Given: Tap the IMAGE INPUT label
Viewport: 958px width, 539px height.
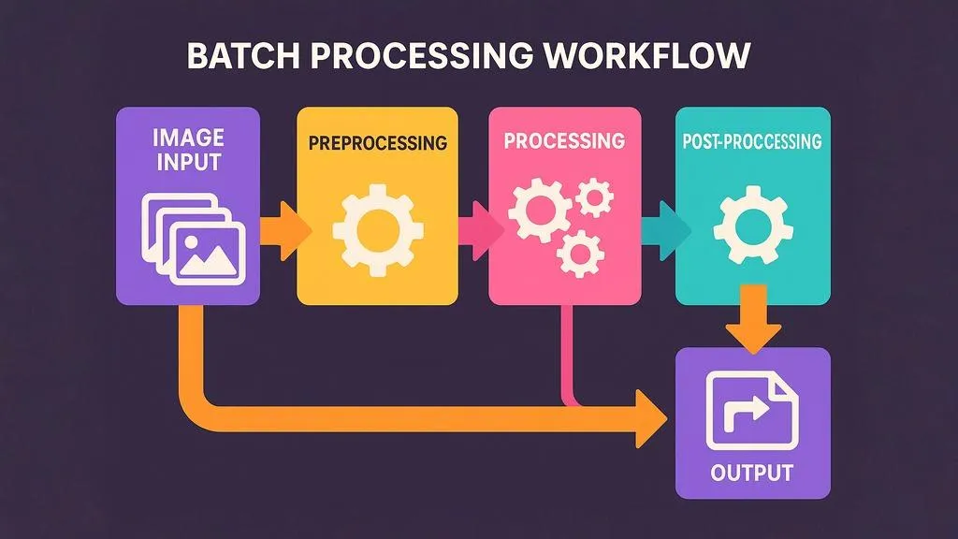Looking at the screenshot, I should click(188, 151).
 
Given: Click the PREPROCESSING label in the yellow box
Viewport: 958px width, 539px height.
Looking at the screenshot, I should click(377, 144).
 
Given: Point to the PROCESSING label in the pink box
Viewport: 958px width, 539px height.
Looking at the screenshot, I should click(563, 141).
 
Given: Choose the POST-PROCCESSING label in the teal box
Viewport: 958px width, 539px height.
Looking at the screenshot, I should click(752, 142).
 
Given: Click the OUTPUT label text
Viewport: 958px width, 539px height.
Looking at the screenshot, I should click(751, 472).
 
